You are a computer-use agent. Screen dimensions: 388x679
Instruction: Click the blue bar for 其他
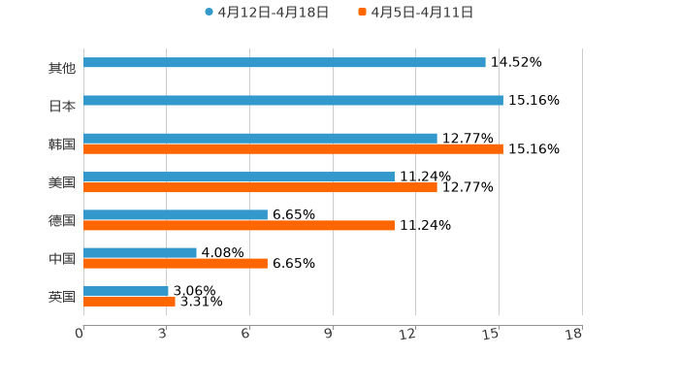[284, 63]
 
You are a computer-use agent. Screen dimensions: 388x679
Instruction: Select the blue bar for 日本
[293, 100]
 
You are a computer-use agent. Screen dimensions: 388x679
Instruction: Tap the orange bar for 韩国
[293, 149]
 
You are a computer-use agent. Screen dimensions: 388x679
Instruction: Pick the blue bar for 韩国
[260, 138]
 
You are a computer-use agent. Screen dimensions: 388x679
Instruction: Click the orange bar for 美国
[260, 187]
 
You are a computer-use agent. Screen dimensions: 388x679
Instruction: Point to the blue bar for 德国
[176, 214]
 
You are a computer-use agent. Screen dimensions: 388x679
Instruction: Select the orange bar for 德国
[239, 225]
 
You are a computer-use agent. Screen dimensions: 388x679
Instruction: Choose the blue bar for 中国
[140, 252]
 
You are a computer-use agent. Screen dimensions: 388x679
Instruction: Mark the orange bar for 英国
[129, 301]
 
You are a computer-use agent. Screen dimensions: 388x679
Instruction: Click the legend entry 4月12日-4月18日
[267, 13]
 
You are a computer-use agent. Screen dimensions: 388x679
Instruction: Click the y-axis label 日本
[62, 107]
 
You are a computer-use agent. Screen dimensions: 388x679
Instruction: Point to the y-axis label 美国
[62, 182]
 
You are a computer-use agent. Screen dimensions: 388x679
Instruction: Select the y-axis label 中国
[62, 259]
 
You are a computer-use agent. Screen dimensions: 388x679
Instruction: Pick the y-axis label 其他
[62, 69]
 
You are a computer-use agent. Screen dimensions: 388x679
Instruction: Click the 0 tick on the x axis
[80, 335]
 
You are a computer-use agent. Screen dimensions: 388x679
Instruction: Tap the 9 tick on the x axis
[329, 335]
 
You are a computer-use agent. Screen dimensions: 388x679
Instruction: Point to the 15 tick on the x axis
[493, 335]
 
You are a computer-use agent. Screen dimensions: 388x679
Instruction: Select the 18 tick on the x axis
[575, 335]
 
